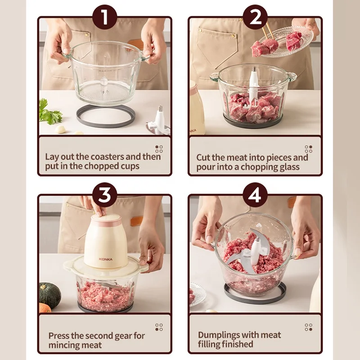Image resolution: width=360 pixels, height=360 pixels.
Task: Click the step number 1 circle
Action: coord(104,18)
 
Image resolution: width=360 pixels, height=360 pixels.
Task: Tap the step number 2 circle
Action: coord(255,18)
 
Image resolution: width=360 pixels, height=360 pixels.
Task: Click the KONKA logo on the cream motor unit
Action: coord(106,259)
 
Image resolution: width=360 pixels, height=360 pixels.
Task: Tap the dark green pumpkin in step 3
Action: coord(49,295)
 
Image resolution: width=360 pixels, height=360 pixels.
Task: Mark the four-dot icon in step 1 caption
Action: coord(159,149)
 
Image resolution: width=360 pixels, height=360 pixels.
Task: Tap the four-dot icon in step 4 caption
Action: coord(308,327)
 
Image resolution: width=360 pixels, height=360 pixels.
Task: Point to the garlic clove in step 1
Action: coord(60,130)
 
